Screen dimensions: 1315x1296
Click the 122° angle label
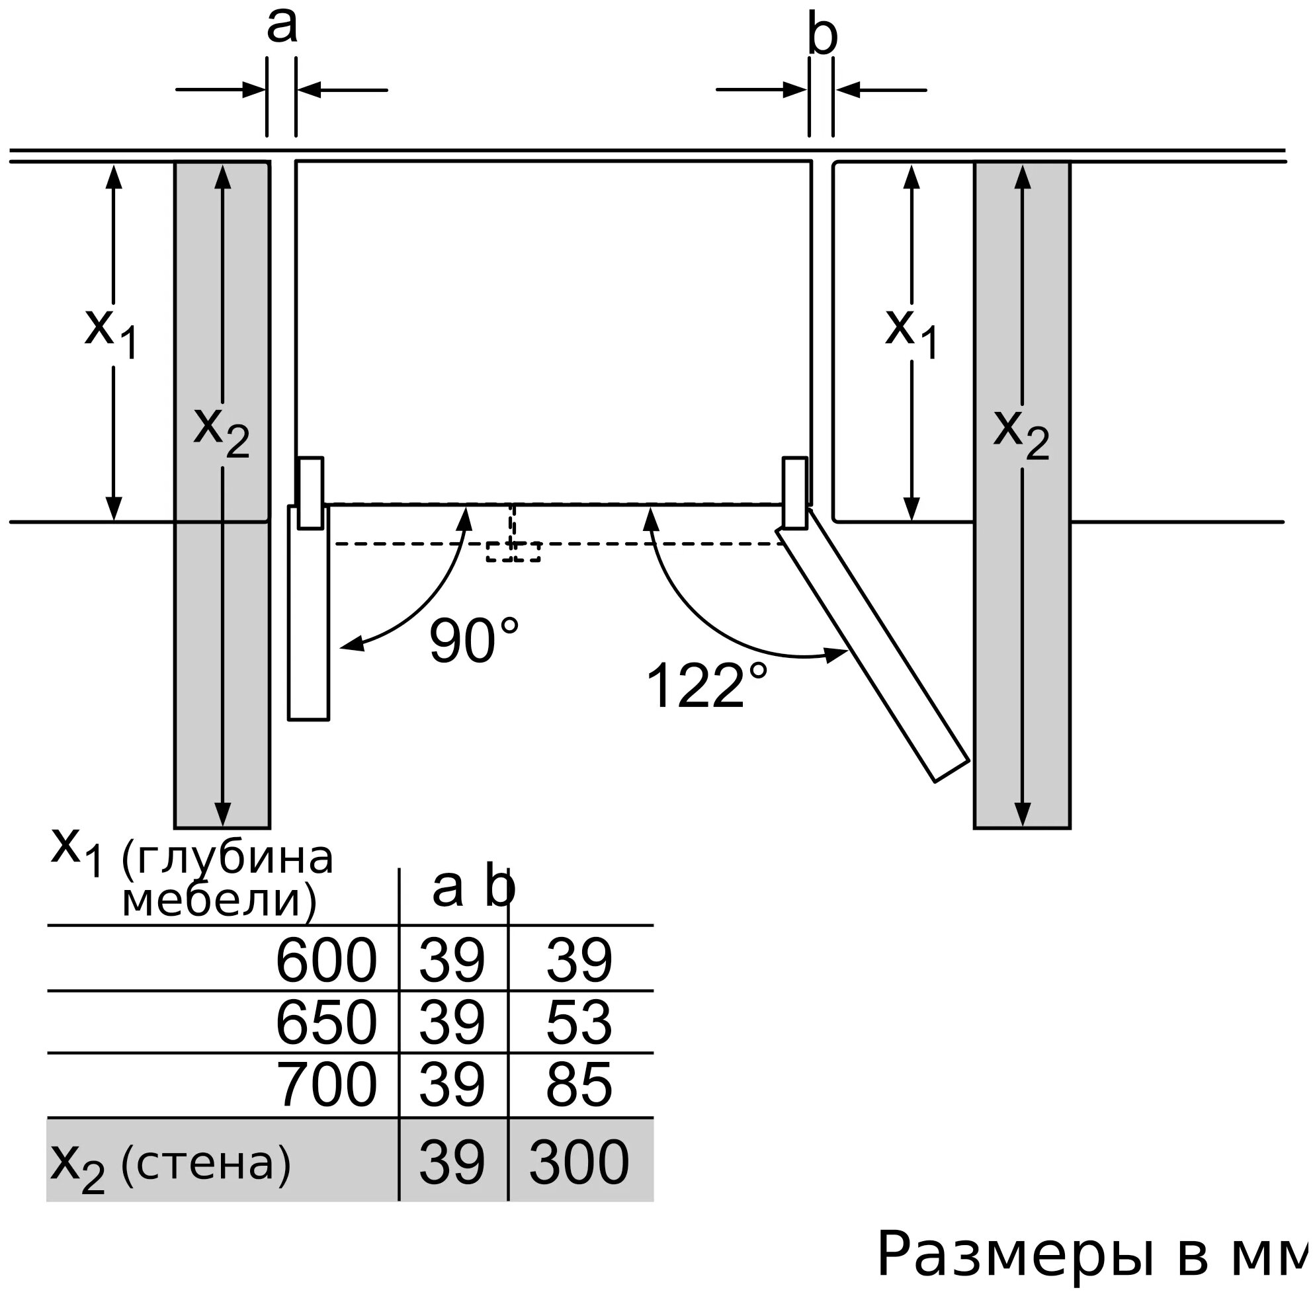[706, 686]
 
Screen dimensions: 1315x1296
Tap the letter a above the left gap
[282, 26]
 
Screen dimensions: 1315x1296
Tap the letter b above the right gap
[822, 34]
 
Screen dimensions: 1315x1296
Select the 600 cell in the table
[326, 960]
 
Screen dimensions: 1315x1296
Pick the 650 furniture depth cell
[326, 1022]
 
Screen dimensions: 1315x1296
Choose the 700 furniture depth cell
[326, 1084]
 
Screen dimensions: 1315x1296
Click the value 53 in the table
[579, 1022]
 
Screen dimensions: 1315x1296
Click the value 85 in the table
[579, 1084]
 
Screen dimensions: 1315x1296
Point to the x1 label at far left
[112, 333]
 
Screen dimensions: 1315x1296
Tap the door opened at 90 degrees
[308, 612]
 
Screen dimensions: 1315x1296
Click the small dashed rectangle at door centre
[513, 551]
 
